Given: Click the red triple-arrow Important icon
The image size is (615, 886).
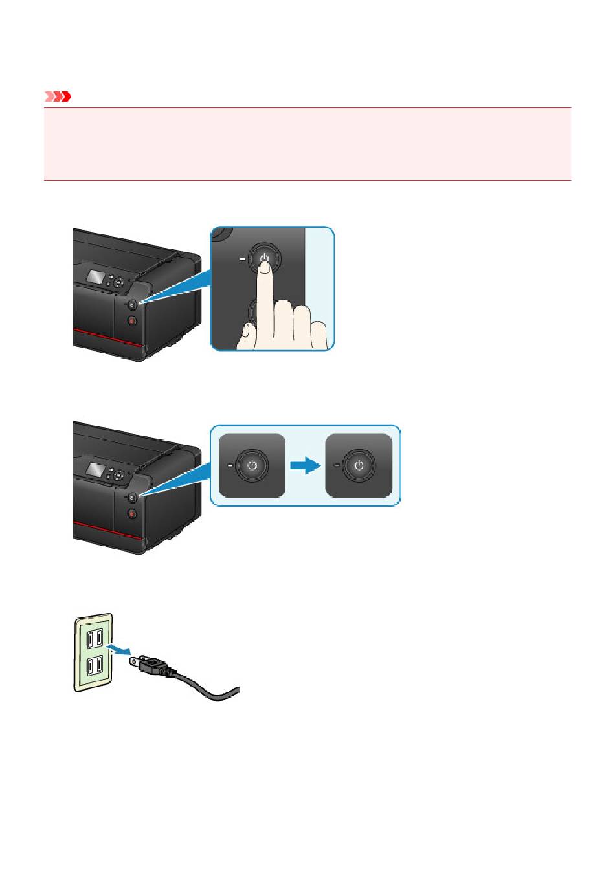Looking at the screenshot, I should coord(57,97).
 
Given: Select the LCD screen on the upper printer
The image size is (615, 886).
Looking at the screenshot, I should coord(98,277).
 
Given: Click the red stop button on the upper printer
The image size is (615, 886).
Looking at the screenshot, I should coord(132,320).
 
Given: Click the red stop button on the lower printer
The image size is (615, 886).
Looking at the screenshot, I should coord(132,514).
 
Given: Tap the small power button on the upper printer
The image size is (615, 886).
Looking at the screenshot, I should coord(131,304).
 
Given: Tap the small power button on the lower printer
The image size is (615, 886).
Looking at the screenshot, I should coord(131,497).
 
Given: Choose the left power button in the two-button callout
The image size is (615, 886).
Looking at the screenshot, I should coord(252,465).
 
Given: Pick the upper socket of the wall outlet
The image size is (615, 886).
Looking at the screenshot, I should coord(94,639).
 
